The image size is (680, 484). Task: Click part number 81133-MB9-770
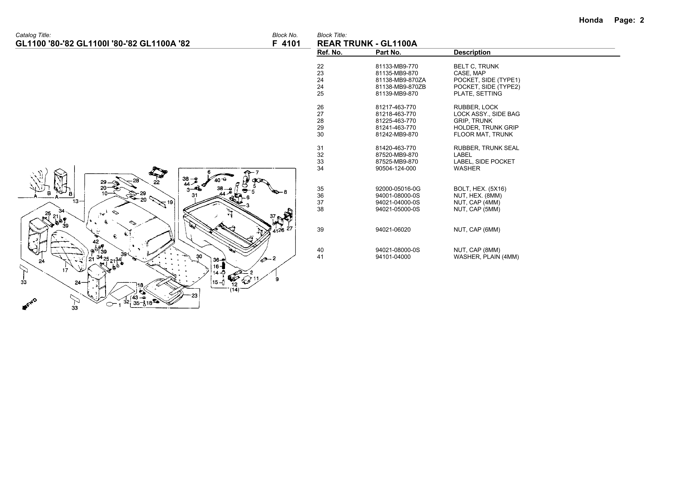397,66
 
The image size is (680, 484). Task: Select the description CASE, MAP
469,73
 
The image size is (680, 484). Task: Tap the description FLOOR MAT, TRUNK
483,134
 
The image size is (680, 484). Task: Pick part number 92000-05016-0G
398,189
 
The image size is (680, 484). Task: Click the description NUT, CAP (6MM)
477,230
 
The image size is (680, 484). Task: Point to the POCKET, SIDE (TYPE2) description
487,87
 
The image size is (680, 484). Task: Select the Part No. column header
388,53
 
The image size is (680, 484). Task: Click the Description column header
472,53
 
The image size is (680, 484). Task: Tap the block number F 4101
286,44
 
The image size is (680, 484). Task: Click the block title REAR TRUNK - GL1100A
367,44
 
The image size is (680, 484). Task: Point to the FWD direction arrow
29,304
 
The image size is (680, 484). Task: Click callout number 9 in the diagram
277,279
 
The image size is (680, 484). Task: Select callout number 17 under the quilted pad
65,270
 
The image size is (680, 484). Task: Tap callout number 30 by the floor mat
199,256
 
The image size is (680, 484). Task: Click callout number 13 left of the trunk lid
75,201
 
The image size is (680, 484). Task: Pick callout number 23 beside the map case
194,295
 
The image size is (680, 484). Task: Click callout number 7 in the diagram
257,172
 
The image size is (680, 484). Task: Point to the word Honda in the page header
591,20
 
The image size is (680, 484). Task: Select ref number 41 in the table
320,257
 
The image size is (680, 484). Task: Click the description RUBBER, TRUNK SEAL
486,148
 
